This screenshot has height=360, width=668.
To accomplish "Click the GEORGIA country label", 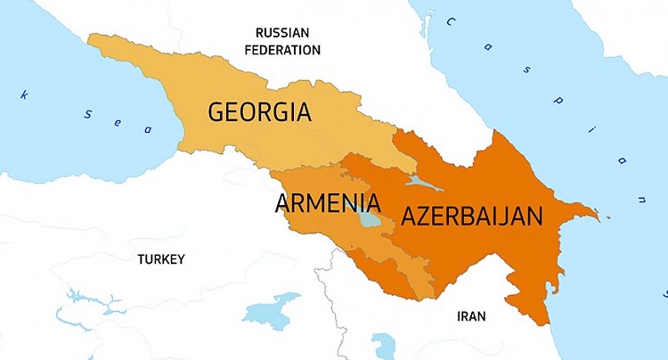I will [x=259, y=112].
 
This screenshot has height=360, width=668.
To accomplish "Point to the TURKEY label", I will [x=160, y=259].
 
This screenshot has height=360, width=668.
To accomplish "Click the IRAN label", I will [x=471, y=315].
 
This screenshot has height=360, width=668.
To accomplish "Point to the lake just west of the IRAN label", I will [x=384, y=344].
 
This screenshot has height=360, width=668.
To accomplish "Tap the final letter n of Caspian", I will [x=642, y=194].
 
